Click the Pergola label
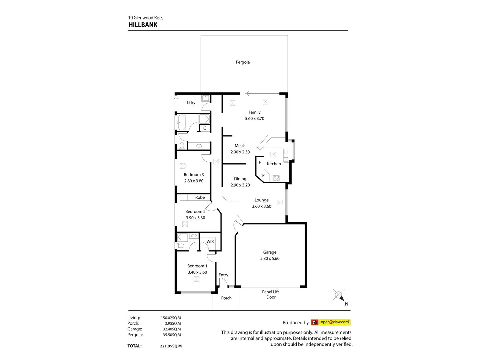coord(243,62)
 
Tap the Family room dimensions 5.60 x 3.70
coord(255,118)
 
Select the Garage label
coord(270,252)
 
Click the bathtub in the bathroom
coord(182,123)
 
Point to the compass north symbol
coord(339,295)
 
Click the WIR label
coord(210,242)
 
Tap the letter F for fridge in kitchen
coord(260,162)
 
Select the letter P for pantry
coord(263,175)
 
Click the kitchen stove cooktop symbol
coord(276,178)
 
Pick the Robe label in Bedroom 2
coord(200,197)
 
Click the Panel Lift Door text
coord(271,294)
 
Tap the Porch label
coord(226,298)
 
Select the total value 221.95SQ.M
coord(171,346)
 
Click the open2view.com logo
coord(335,322)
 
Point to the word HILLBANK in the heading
coord(143,25)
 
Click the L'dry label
coord(191,103)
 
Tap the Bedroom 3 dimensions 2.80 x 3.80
coord(194,181)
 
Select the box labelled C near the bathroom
coord(205,128)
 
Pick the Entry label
coord(223,275)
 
